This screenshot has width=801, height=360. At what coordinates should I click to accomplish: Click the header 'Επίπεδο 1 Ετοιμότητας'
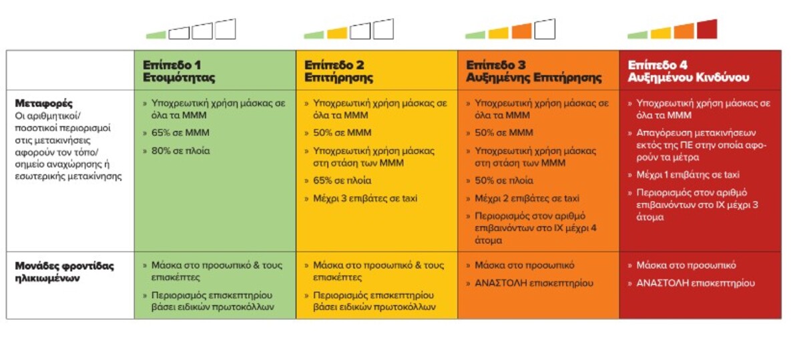[179, 71]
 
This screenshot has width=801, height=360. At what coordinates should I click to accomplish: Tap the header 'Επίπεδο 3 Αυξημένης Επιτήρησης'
[533, 71]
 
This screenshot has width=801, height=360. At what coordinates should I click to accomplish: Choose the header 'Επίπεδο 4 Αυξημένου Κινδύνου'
[688, 71]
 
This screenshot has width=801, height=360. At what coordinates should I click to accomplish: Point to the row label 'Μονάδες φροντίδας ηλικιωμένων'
[63, 271]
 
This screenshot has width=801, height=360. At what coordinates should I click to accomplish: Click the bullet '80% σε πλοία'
[180, 151]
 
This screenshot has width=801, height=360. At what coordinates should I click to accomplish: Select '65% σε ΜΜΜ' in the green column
[180, 133]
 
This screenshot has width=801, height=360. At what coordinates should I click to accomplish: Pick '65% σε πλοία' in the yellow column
[342, 180]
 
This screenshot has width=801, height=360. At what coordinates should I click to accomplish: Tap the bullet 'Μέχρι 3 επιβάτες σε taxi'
[365, 198]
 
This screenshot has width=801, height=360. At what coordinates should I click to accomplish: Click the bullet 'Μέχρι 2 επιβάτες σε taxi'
[527, 198]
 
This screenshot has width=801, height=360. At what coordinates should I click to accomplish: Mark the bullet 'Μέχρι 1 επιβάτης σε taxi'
[688, 175]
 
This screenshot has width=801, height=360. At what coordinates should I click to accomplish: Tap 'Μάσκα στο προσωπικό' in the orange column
[524, 266]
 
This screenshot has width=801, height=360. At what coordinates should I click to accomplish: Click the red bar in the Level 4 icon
[707, 29]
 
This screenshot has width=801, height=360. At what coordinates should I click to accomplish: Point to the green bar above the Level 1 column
[156, 34]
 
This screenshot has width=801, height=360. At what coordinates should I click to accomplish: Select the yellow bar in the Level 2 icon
[337, 33]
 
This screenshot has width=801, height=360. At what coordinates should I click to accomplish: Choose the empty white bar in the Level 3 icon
[545, 29]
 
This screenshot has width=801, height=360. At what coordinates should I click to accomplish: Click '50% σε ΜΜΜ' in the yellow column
[342, 133]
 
